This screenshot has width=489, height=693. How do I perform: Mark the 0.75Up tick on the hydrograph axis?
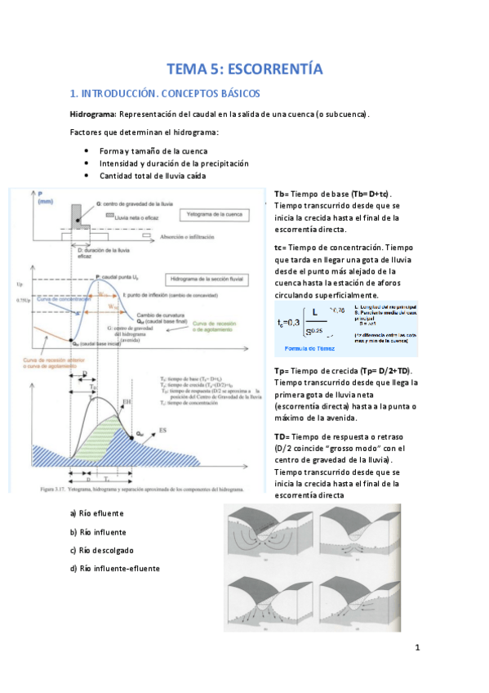(20, 303)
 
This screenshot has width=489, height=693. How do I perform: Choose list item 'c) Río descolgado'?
(101, 550)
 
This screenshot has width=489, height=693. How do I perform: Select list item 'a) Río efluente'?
(96, 513)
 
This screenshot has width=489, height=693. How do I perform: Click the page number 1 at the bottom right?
(416, 649)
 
